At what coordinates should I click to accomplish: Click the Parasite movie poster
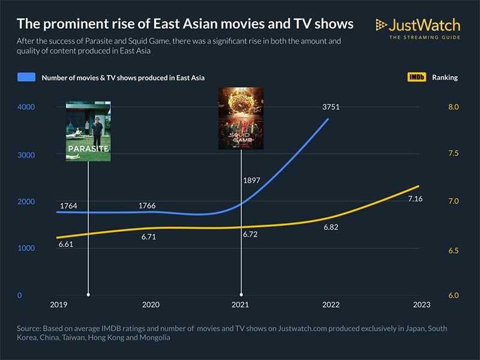(x=88, y=131)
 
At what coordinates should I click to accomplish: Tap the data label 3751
(x=329, y=107)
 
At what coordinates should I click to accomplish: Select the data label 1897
(x=251, y=180)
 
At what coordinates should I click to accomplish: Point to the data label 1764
(x=68, y=206)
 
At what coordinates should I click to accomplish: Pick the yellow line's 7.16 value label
(x=415, y=199)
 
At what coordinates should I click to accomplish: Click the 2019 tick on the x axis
(x=58, y=305)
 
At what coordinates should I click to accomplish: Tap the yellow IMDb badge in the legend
(x=416, y=77)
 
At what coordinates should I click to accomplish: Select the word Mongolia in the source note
(x=155, y=338)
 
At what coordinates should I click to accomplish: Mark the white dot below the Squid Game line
(x=241, y=295)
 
